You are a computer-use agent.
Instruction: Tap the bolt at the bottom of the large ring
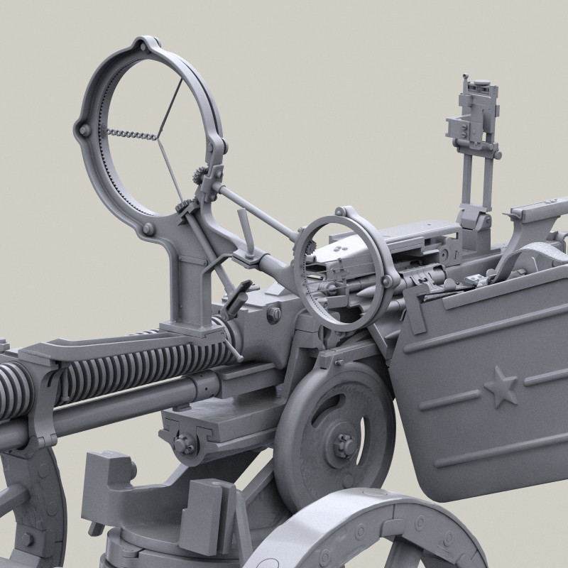click(148, 229)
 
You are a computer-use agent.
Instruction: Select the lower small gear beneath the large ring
click(182, 208)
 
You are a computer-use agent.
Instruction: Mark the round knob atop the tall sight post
click(468, 77)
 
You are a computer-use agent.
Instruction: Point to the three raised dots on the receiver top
click(339, 246)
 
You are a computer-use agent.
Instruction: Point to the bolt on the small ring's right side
click(387, 283)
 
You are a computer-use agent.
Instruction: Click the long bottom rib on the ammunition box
click(497, 452)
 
